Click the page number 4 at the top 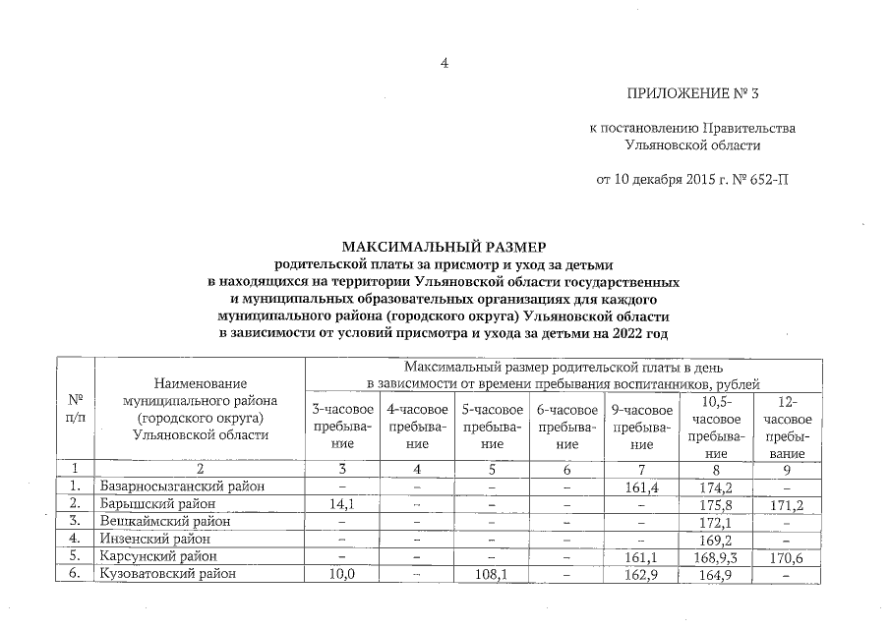coord(445,64)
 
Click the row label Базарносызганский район coord(182,486)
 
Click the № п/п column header coord(75,409)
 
